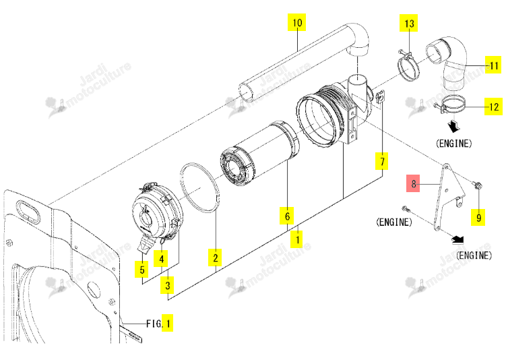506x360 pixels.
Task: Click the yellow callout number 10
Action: [297, 22]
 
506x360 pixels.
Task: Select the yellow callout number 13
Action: [408, 23]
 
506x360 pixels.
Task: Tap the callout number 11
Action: [493, 65]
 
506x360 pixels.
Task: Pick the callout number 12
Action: [493, 107]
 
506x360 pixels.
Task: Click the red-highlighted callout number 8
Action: [413, 183]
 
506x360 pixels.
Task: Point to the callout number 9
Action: [478, 217]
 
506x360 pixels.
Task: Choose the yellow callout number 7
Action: [382, 161]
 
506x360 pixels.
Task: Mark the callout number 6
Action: [287, 216]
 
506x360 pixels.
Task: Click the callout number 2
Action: [215, 258]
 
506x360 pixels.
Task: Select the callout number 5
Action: [141, 269]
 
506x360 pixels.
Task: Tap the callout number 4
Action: [161, 258]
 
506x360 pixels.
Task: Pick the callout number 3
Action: [167, 284]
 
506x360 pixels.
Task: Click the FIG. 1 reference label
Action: [159, 323]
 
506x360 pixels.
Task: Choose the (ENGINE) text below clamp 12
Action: [453, 144]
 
